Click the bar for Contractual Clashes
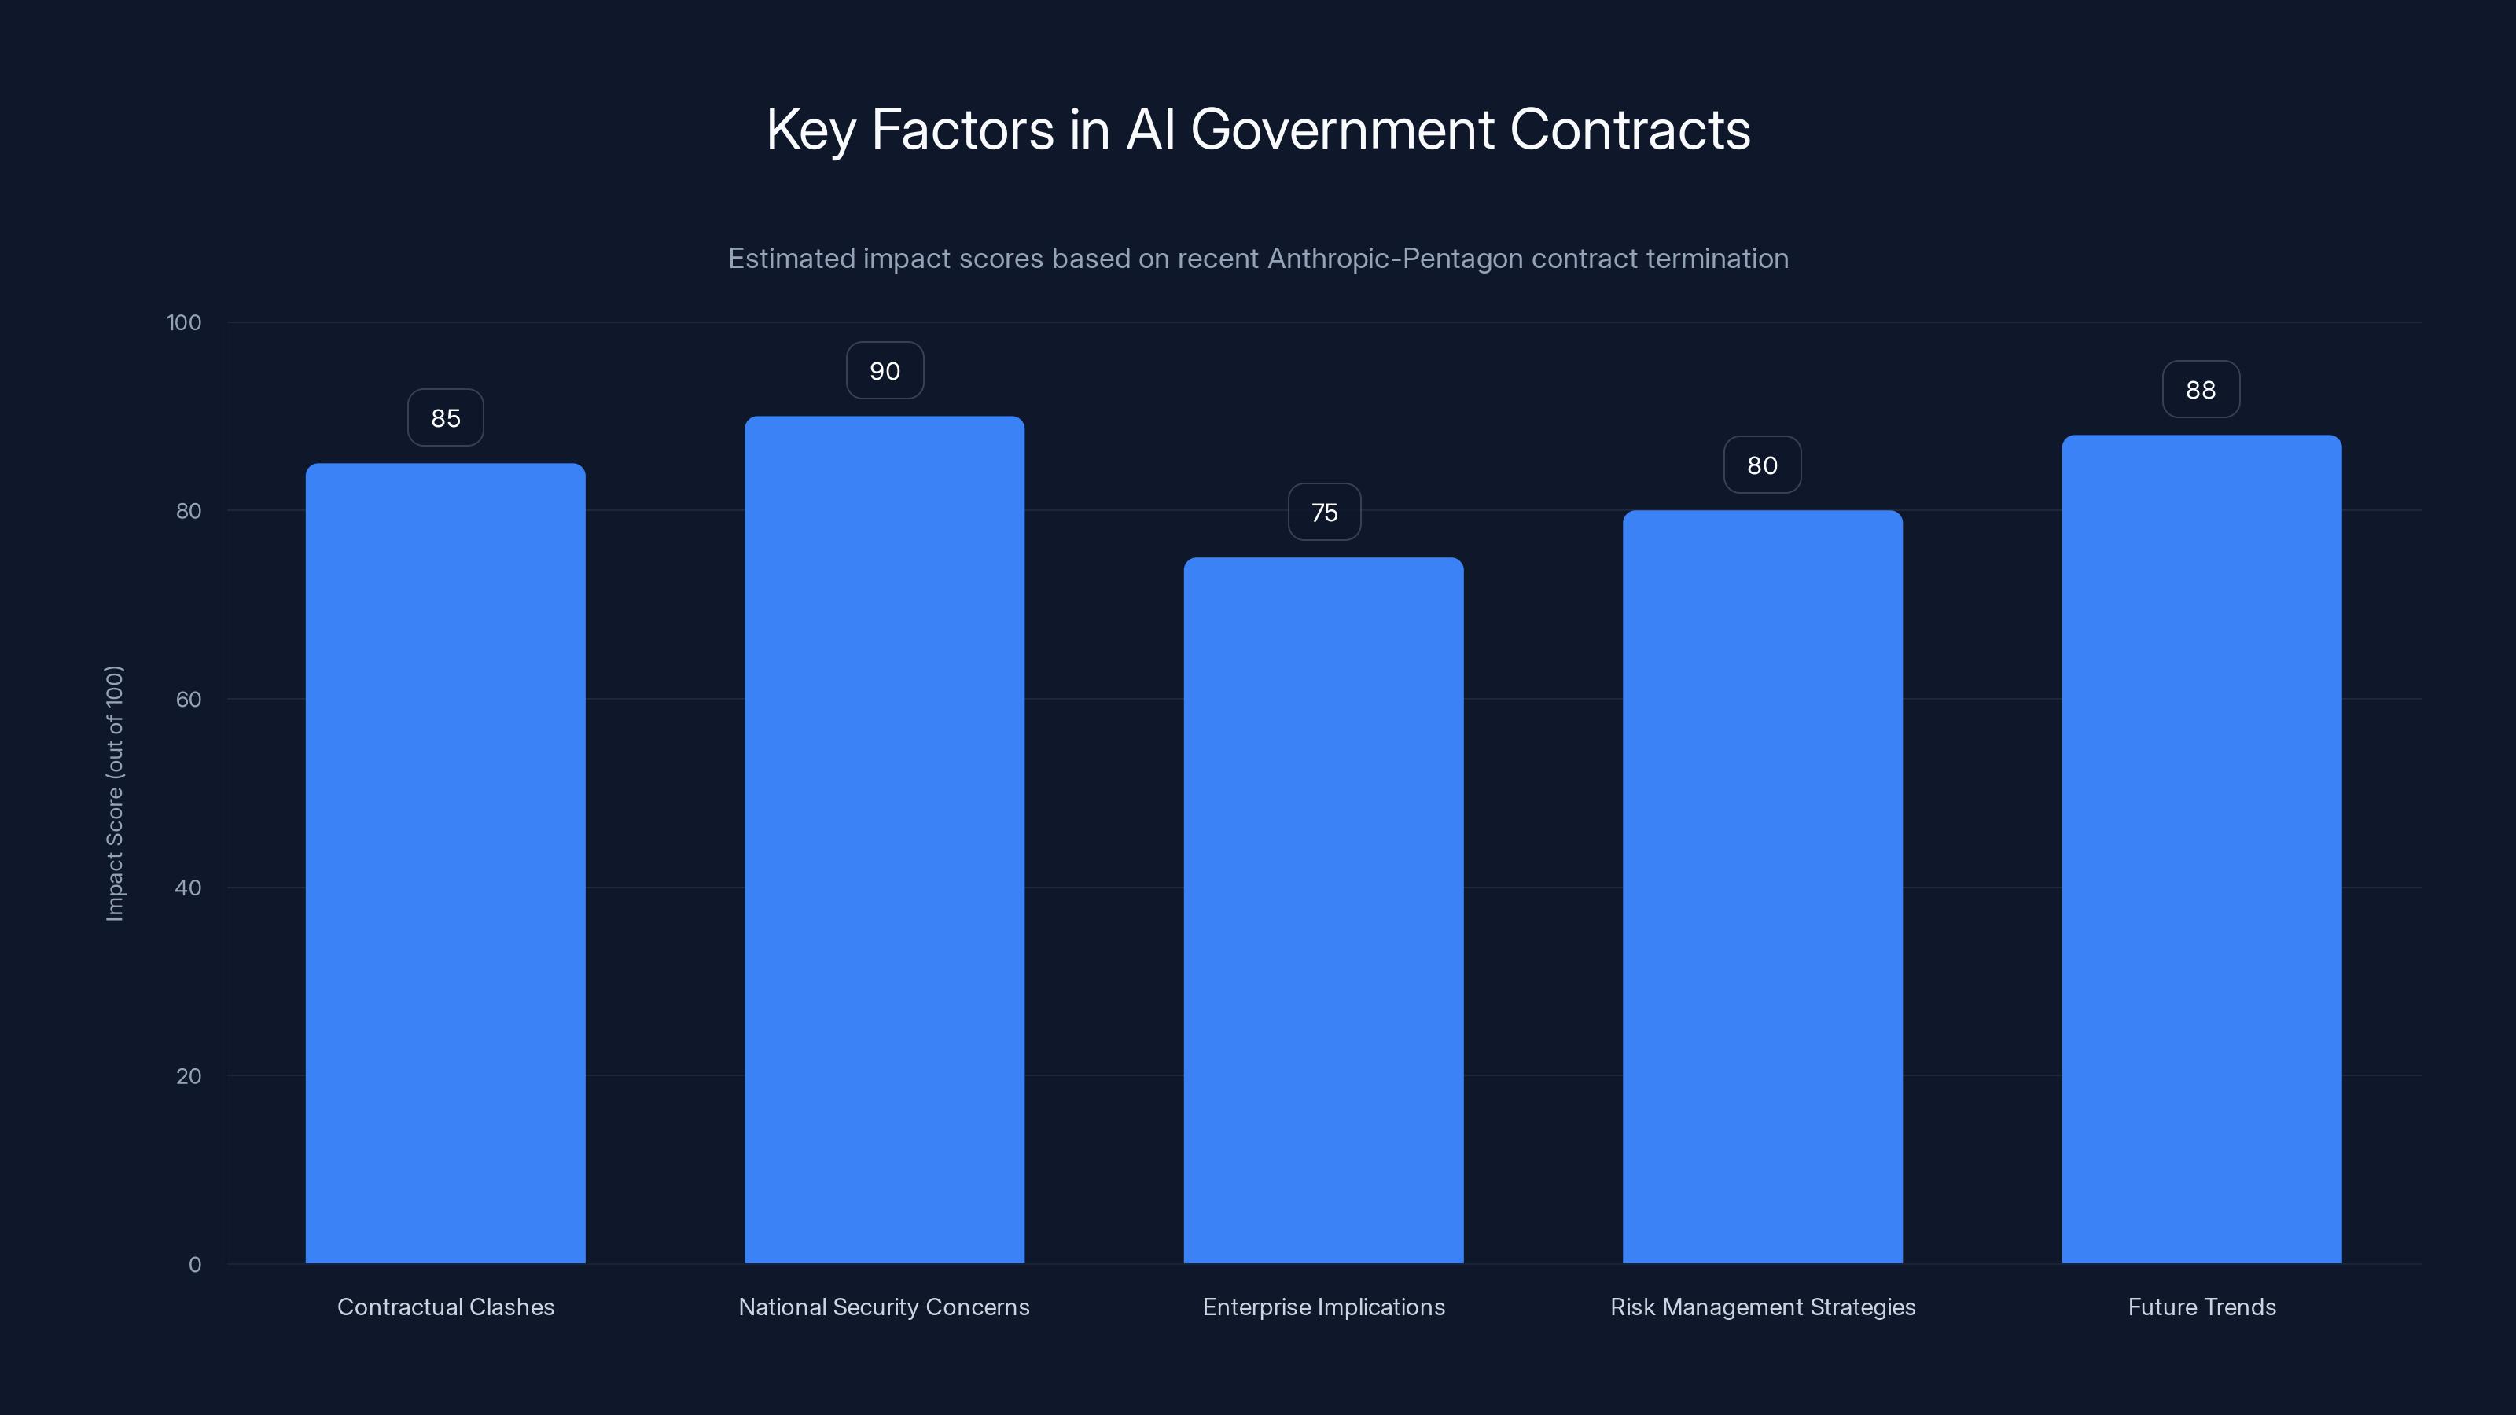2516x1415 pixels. [445, 863]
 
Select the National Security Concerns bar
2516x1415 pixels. [884, 840]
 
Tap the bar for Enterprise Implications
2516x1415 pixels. [1323, 910]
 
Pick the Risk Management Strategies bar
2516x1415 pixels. [1762, 887]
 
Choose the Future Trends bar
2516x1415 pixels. [2201, 850]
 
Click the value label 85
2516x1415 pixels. [445, 418]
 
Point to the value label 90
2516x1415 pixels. [884, 371]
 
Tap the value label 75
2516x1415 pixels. [1323, 513]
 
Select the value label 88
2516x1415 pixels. [2201, 390]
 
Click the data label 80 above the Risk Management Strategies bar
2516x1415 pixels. [1762, 466]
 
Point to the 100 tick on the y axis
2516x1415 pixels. [184, 322]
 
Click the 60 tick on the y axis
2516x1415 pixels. [189, 699]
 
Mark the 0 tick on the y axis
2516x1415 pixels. [194, 1265]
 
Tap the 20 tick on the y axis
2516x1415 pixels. [189, 1076]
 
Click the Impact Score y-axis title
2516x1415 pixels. [114, 793]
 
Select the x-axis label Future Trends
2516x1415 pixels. [2201, 1307]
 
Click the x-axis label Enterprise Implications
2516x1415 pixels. [1323, 1307]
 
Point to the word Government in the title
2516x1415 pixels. [1342, 130]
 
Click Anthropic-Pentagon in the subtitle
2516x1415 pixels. [1395, 259]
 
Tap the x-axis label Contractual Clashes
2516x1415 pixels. [445, 1307]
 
